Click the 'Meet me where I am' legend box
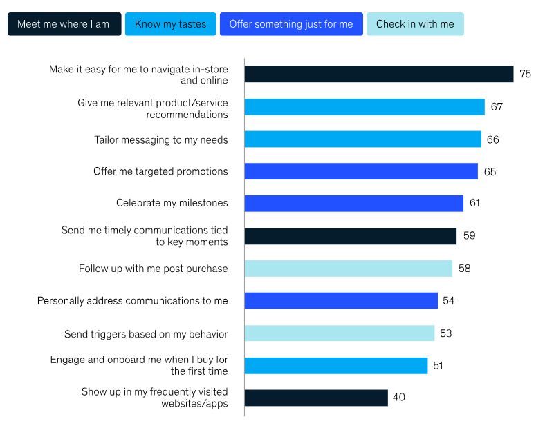tap(64, 24)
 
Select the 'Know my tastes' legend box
tap(170, 24)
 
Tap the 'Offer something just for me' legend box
tap(290, 24)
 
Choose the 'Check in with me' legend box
tap(415, 24)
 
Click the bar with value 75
tap(378, 74)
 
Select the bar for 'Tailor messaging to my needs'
tap(362, 139)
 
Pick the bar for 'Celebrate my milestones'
tap(353, 203)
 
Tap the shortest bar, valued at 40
tap(316, 398)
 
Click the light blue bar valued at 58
tap(348, 269)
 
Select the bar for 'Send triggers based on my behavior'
tap(339, 333)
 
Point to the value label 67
tap(497, 107)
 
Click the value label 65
tap(490, 172)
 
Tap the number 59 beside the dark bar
tap(469, 236)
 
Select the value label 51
tap(438, 366)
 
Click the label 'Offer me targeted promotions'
tap(160, 171)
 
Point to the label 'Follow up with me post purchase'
tap(153, 269)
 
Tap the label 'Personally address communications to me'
tap(132, 301)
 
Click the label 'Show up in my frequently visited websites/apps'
tap(154, 398)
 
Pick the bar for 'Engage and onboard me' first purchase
tap(336, 366)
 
